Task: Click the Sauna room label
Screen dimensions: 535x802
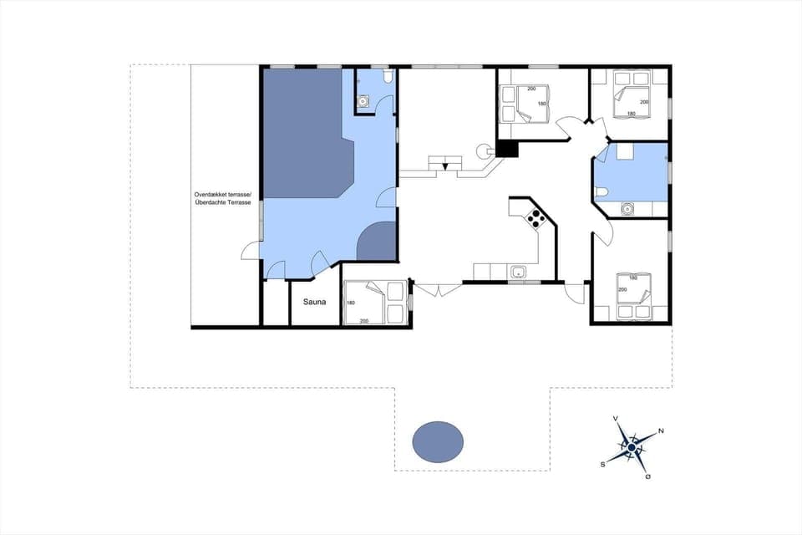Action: tap(314, 303)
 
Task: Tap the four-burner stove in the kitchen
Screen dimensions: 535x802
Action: tap(536, 220)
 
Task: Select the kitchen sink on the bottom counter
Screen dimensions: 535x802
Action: tap(518, 272)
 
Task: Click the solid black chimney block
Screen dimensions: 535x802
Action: tap(507, 149)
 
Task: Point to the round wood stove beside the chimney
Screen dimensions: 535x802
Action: tap(483, 150)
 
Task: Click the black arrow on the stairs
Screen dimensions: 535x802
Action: tap(446, 166)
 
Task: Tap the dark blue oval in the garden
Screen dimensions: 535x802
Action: tap(439, 441)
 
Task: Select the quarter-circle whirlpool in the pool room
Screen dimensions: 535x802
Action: tap(377, 242)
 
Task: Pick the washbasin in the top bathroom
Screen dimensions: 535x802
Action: tap(363, 101)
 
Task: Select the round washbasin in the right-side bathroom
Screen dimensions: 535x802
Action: tap(627, 209)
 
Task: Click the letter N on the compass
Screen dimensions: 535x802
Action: tap(661, 431)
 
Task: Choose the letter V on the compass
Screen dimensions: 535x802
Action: tap(616, 418)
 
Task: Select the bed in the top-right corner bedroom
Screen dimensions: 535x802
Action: tap(631, 95)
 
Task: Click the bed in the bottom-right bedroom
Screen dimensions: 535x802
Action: tap(631, 294)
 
